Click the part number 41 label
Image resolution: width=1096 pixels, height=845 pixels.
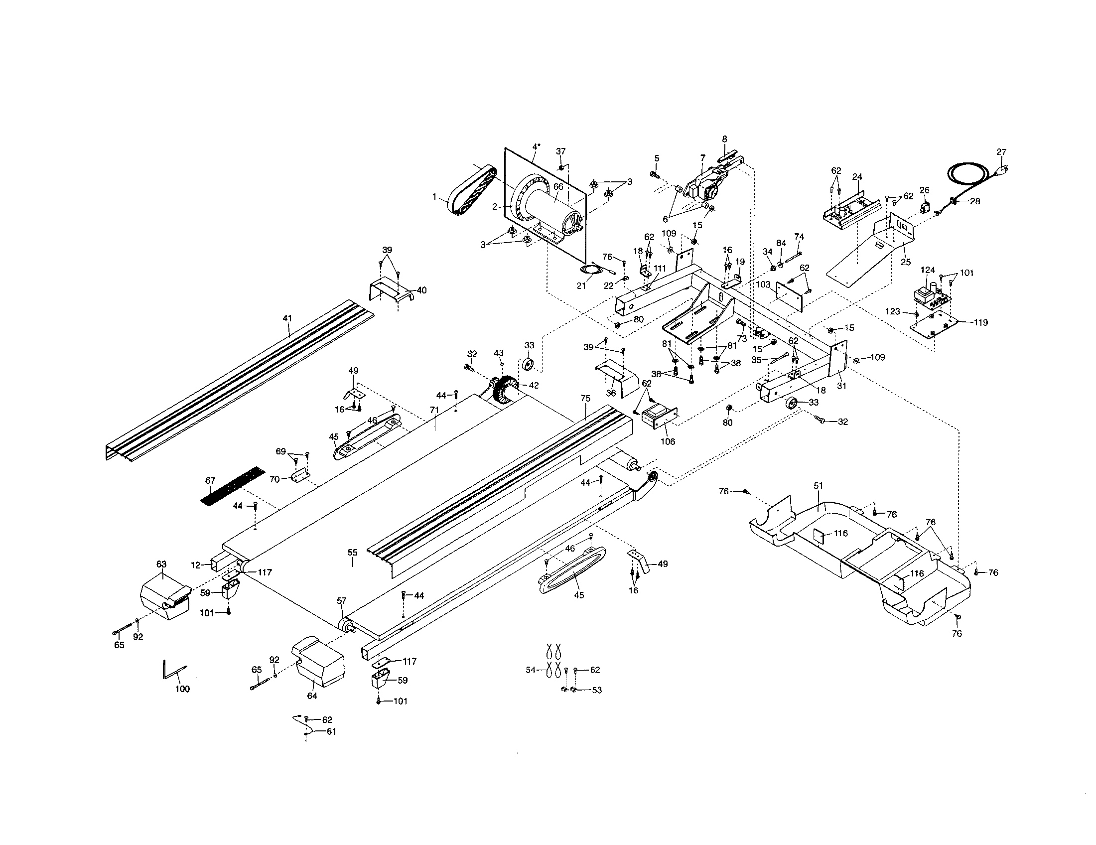click(287, 319)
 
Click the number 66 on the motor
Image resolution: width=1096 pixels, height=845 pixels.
click(558, 187)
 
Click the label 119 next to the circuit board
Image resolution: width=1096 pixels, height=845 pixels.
click(980, 323)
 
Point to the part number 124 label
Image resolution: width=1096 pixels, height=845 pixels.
click(928, 270)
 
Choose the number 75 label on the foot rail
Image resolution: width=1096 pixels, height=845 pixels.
click(585, 399)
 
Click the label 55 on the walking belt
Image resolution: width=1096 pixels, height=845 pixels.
click(353, 553)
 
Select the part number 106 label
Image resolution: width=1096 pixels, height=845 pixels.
click(668, 441)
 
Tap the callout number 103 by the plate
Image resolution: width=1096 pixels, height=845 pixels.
click(763, 284)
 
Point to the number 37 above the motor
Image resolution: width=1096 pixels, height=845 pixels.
click(561, 151)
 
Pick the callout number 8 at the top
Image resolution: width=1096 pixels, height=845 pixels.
click(724, 139)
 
